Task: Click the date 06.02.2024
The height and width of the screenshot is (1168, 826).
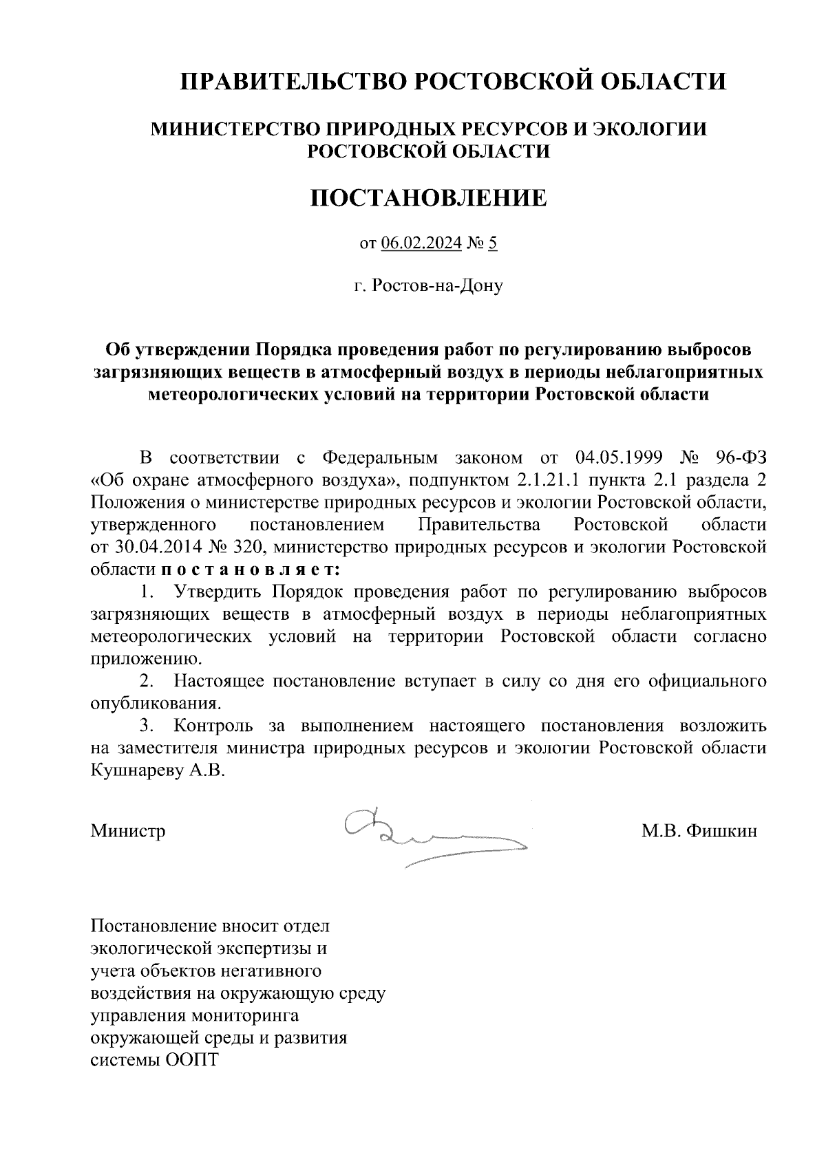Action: (x=421, y=243)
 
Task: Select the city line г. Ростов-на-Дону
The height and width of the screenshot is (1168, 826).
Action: (x=428, y=285)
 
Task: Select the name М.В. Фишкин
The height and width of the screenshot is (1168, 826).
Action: (x=699, y=831)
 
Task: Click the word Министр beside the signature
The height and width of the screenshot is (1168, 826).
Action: (x=128, y=831)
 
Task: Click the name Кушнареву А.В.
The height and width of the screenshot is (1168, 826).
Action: (x=158, y=770)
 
